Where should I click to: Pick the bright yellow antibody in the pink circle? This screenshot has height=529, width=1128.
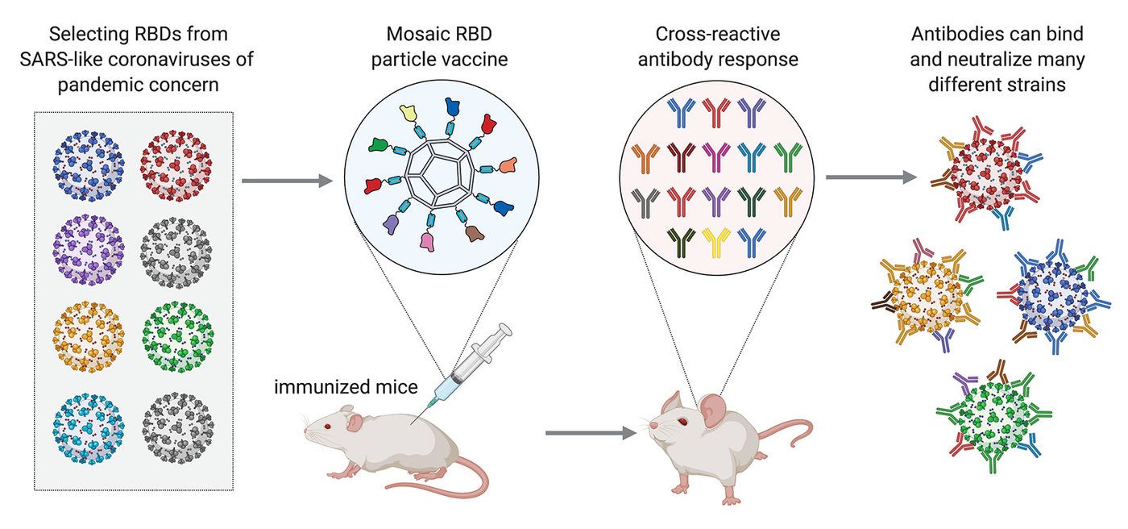click(715, 238)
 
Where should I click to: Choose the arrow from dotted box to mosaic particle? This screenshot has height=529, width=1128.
click(287, 181)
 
